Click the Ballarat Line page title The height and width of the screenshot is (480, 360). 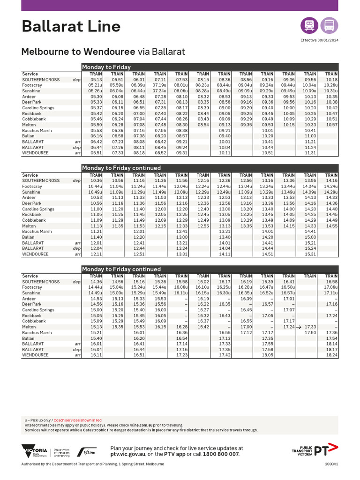coord(71,27)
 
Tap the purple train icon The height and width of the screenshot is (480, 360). coord(309,25)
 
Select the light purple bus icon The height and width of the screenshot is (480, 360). coord(329,25)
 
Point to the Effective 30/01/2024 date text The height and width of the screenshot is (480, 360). coord(319,40)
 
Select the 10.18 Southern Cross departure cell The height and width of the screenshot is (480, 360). coord(331,80)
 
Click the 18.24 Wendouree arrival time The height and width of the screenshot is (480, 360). coord(331,355)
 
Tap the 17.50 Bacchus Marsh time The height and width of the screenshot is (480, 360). coord(310,332)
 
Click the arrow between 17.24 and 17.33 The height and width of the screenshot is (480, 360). coord(299,327)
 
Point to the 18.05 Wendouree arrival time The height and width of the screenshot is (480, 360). coord(267,355)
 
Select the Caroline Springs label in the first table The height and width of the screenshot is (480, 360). coord(38,108)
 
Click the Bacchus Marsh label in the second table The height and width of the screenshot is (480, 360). coord(37,232)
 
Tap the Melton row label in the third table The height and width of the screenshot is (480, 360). coord(29,327)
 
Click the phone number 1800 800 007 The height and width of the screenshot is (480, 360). coord(220,454)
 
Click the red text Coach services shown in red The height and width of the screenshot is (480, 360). coord(77,420)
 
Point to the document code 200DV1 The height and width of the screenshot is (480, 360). coord(331,464)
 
